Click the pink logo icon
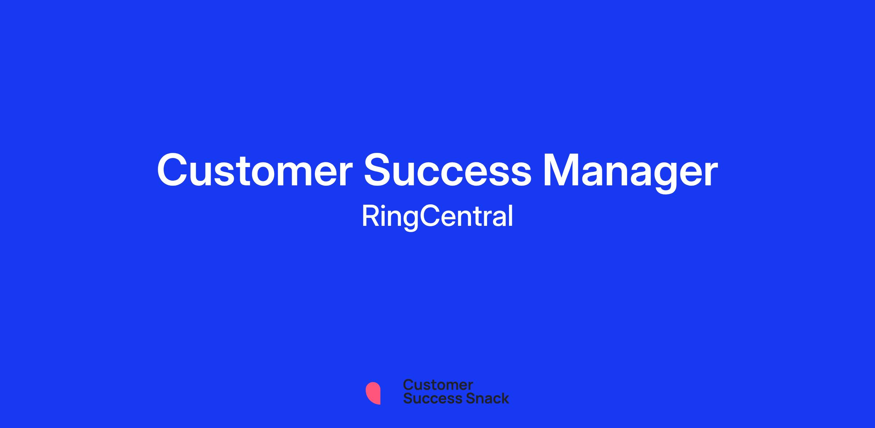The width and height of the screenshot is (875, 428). tap(373, 393)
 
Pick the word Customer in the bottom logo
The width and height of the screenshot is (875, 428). tap(438, 385)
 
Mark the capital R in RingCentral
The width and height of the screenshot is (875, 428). tap(371, 216)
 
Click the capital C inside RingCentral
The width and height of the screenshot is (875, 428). tap(430, 216)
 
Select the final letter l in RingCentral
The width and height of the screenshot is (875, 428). tap(511, 216)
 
